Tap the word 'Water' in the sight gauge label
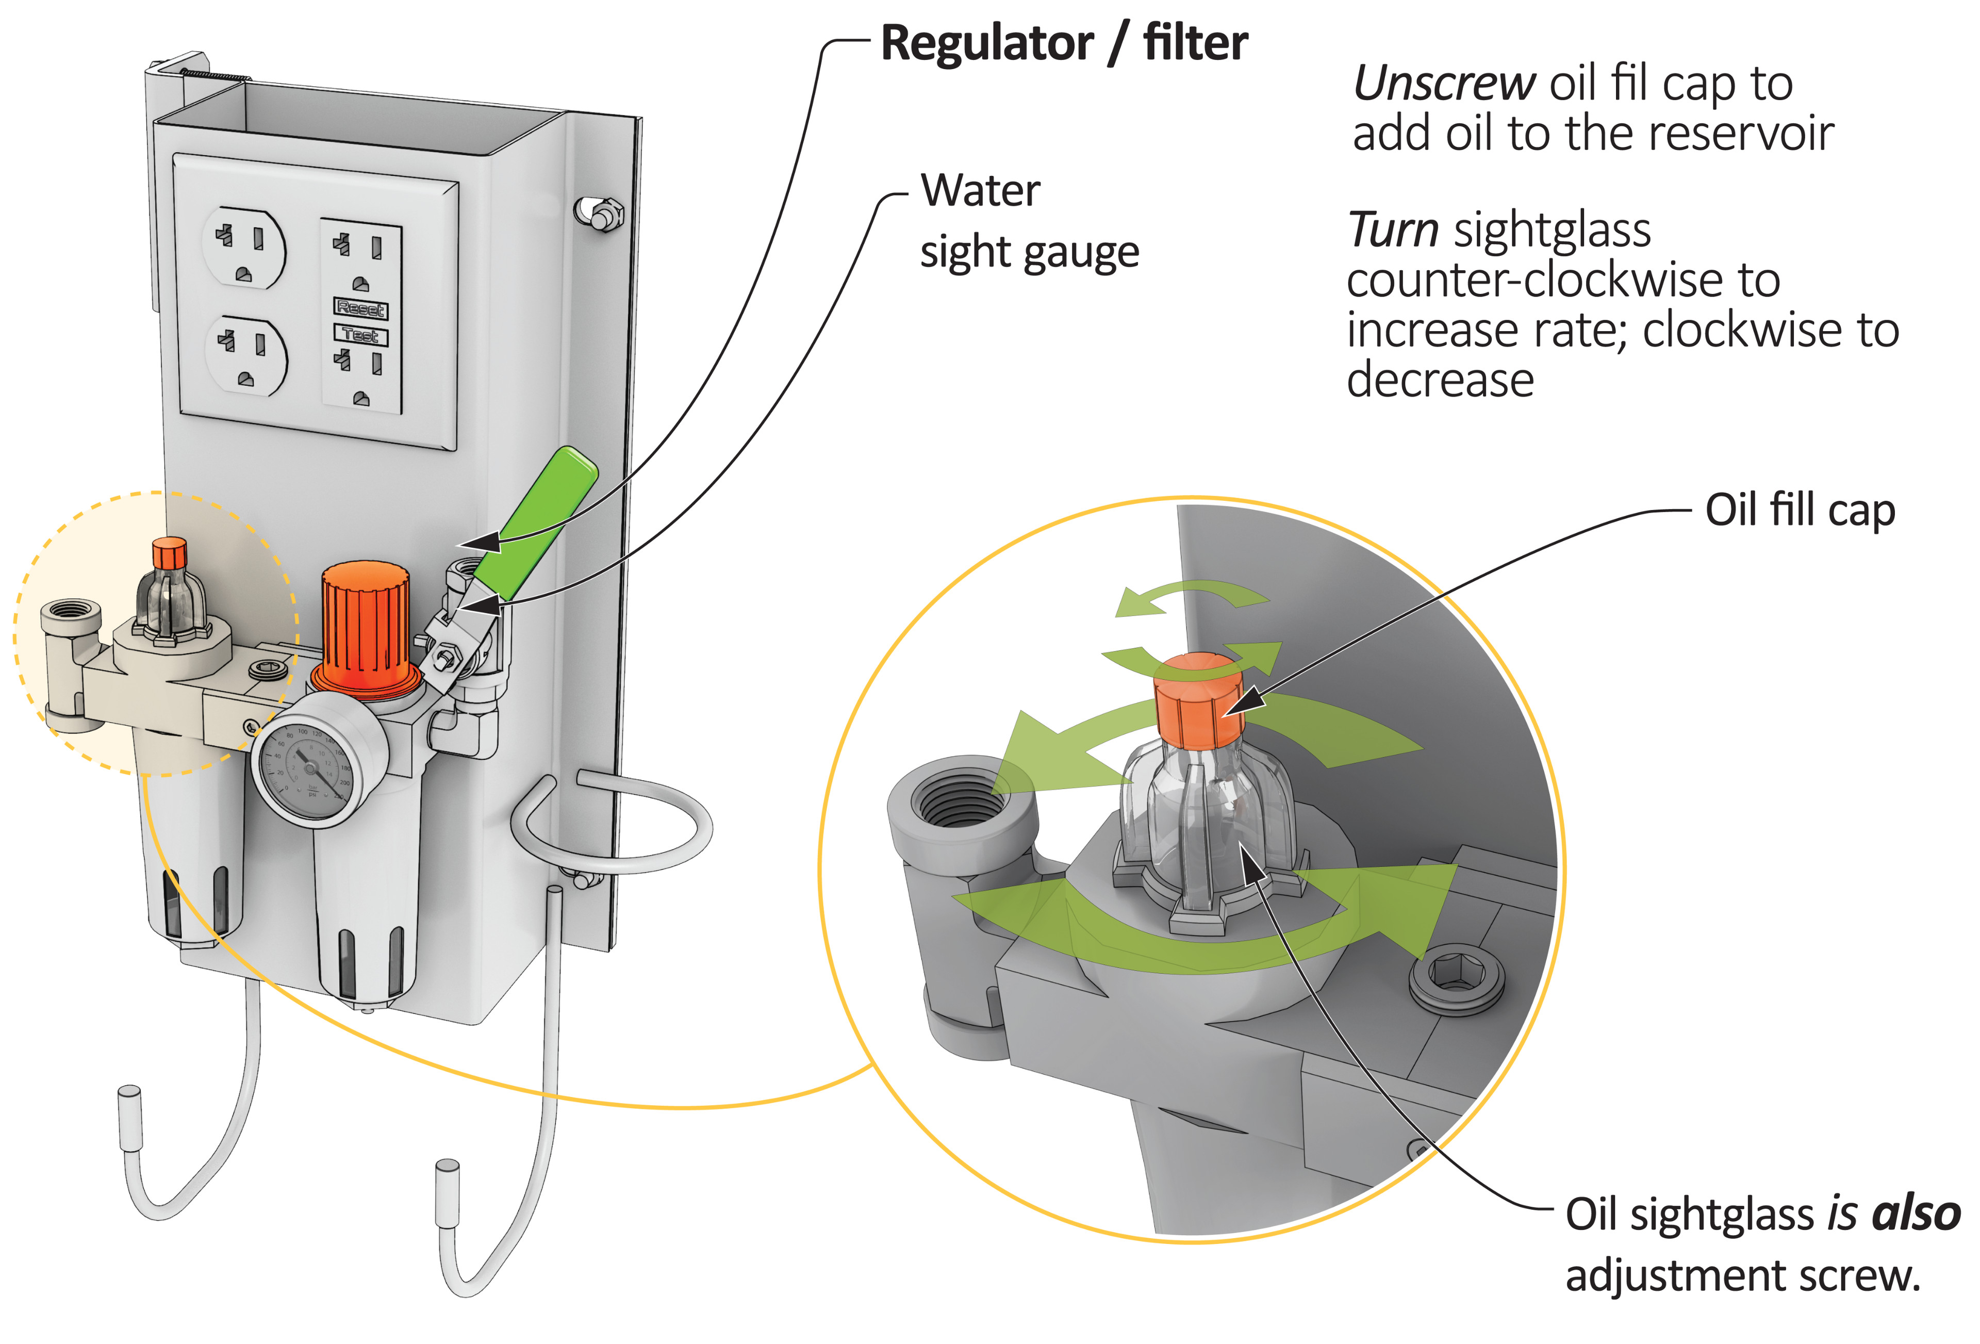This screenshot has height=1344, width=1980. [x=980, y=190]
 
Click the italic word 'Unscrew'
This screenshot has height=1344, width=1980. [x=1444, y=84]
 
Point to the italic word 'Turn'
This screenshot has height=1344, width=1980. [x=1394, y=230]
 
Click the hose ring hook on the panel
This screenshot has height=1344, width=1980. [x=612, y=823]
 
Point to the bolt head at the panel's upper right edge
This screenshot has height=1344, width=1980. [x=601, y=213]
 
